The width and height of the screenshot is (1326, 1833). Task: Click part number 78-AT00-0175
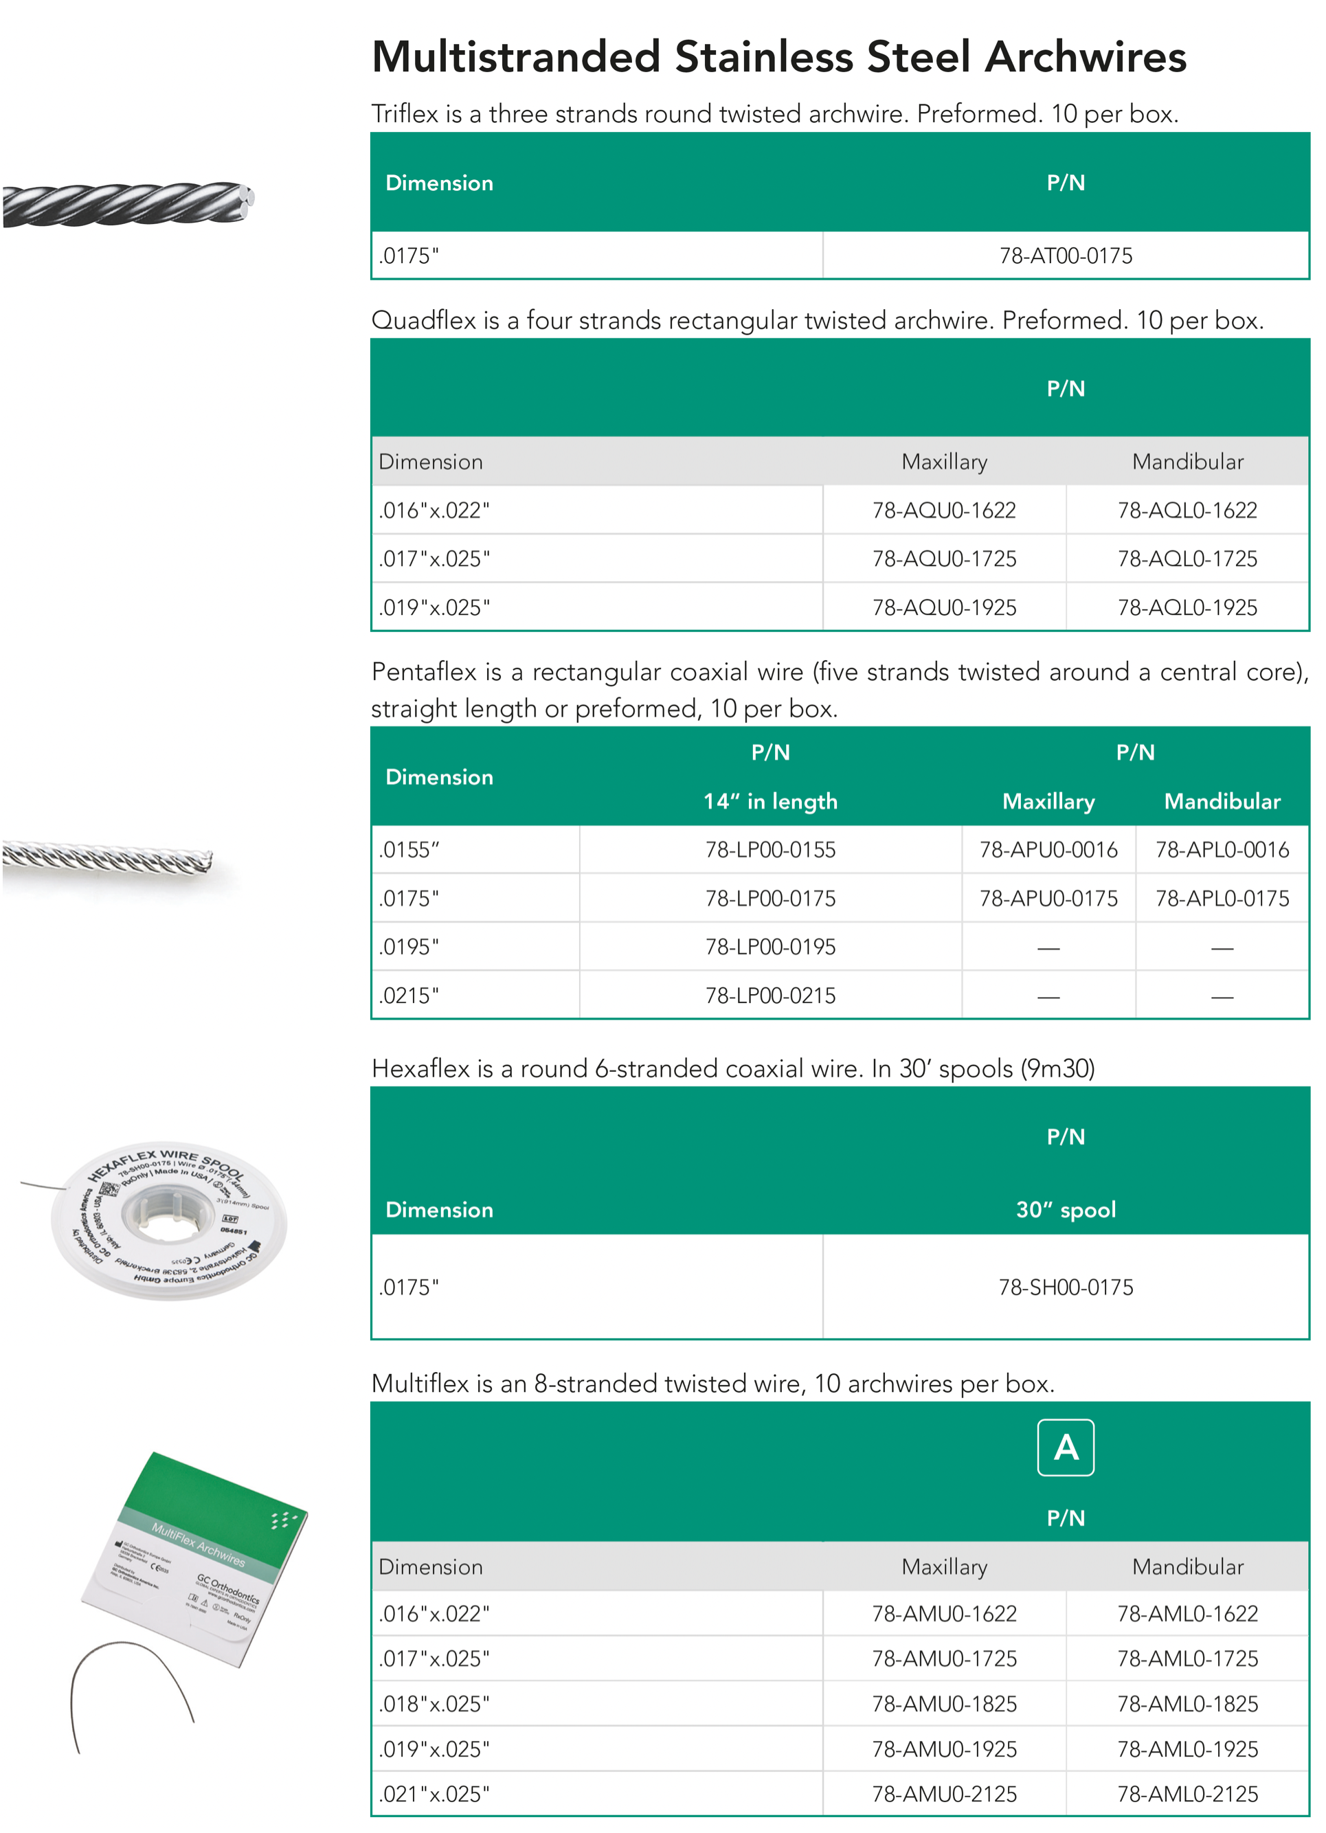(1065, 256)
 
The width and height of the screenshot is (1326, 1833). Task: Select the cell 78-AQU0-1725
(944, 559)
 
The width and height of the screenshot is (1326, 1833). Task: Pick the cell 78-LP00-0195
(770, 947)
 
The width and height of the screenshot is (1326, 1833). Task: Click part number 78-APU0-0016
(1048, 849)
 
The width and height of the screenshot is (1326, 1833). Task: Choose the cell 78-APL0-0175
(1222, 898)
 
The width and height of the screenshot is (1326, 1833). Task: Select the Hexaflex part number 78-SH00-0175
(1065, 1287)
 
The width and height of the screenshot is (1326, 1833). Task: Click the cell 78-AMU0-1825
(944, 1704)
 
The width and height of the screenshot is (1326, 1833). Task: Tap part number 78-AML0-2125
(1187, 1795)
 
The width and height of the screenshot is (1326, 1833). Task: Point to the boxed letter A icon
(1065, 1448)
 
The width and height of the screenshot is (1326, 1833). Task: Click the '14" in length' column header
(770, 801)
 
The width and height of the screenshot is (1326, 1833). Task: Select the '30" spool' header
(1065, 1209)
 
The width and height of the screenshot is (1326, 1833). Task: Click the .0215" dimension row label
(409, 995)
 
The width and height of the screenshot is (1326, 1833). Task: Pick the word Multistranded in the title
(515, 58)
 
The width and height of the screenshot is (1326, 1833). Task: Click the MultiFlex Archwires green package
(198, 1556)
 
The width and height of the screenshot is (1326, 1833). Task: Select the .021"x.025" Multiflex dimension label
(434, 1795)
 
